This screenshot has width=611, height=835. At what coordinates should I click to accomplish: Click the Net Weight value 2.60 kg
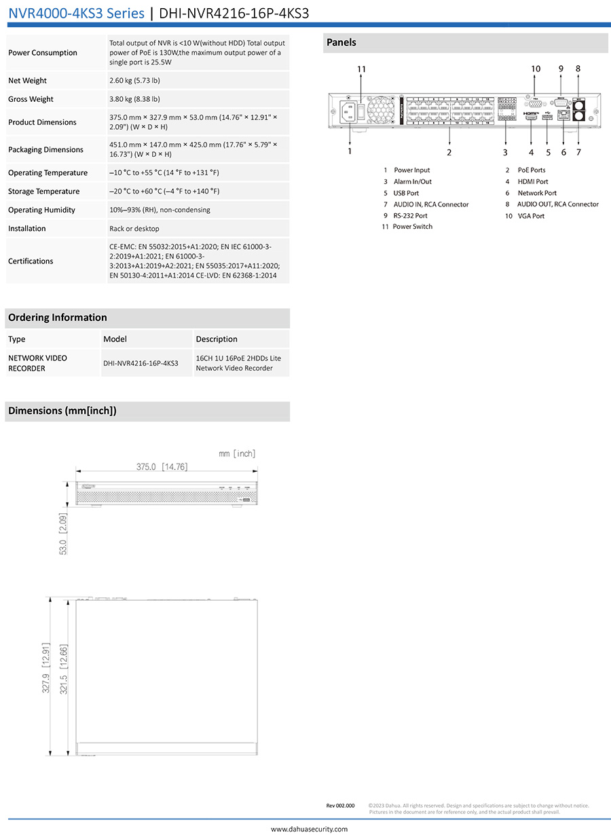pos(134,80)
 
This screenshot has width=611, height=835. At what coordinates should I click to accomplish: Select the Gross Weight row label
pos(31,99)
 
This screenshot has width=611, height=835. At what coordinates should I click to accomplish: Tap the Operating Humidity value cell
pos(160,210)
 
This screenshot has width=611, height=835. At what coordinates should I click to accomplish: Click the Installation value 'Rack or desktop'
pos(134,229)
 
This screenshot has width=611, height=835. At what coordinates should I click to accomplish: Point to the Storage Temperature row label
pos(43,191)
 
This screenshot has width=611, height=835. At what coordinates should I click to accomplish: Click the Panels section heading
pos(341,43)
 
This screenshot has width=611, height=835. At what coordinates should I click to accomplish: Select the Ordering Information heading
pos(58,318)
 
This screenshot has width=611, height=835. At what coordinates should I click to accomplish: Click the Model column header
pos(115,339)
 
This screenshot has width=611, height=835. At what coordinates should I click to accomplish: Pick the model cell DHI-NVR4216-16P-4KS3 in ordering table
pos(141,363)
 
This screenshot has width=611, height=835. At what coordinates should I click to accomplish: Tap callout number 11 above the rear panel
pos(361,69)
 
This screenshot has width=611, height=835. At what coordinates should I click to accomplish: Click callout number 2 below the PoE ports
pos(449,153)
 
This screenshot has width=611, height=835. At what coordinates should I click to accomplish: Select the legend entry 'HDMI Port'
pos(532,182)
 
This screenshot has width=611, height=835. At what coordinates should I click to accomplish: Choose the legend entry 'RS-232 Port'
pos(410,216)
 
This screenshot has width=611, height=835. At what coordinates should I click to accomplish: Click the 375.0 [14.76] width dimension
pos(162,466)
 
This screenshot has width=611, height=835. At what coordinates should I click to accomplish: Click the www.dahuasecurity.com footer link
pos(309,829)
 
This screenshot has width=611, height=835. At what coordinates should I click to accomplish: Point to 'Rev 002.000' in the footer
pos(340,806)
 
